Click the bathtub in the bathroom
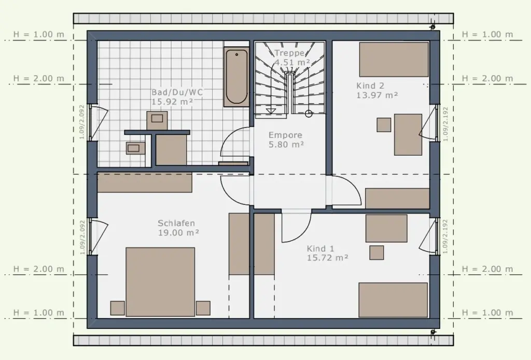pos(236,77)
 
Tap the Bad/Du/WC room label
pos(177,92)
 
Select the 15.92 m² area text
pos(172,102)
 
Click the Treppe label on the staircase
pos(289,53)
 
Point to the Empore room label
pos(286,135)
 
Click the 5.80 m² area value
pos(286,145)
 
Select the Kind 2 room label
pos(370,86)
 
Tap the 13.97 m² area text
pos(377,95)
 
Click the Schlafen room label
pos(176,224)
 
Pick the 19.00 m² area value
pos(178,233)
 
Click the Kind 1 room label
pos(320,248)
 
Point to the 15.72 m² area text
pos(328,258)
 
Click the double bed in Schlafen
pos(160,282)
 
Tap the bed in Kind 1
pos(393,300)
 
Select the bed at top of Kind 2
pos(394,60)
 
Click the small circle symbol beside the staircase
pos(309,114)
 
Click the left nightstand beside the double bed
pos(118,308)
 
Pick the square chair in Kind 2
pos(384,124)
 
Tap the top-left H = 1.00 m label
pos(38,35)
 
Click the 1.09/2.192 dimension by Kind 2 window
pos(445,124)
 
